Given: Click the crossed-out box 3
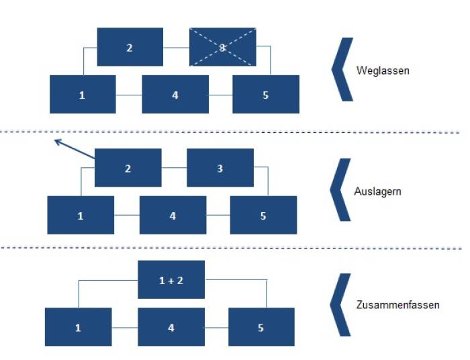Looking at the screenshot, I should (222, 47).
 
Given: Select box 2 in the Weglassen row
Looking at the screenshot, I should (130, 47).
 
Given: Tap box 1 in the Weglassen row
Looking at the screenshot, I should (83, 95).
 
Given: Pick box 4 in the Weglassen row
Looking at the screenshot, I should (175, 95).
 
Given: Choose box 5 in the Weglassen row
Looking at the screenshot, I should (265, 95).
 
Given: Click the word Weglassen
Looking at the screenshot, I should (382, 70).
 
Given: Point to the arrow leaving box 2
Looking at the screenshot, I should (74, 149).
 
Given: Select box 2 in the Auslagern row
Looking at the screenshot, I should (128, 168).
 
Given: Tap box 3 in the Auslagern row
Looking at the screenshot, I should (220, 168).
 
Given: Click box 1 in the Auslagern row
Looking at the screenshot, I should (81, 216).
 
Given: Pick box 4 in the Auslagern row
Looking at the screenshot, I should (173, 216).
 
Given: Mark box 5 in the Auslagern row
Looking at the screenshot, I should (263, 216).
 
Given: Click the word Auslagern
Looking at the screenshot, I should (378, 191).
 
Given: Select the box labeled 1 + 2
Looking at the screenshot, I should (171, 280).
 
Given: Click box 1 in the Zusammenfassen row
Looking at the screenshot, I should (78, 328).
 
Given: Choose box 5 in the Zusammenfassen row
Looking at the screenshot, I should (261, 328).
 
